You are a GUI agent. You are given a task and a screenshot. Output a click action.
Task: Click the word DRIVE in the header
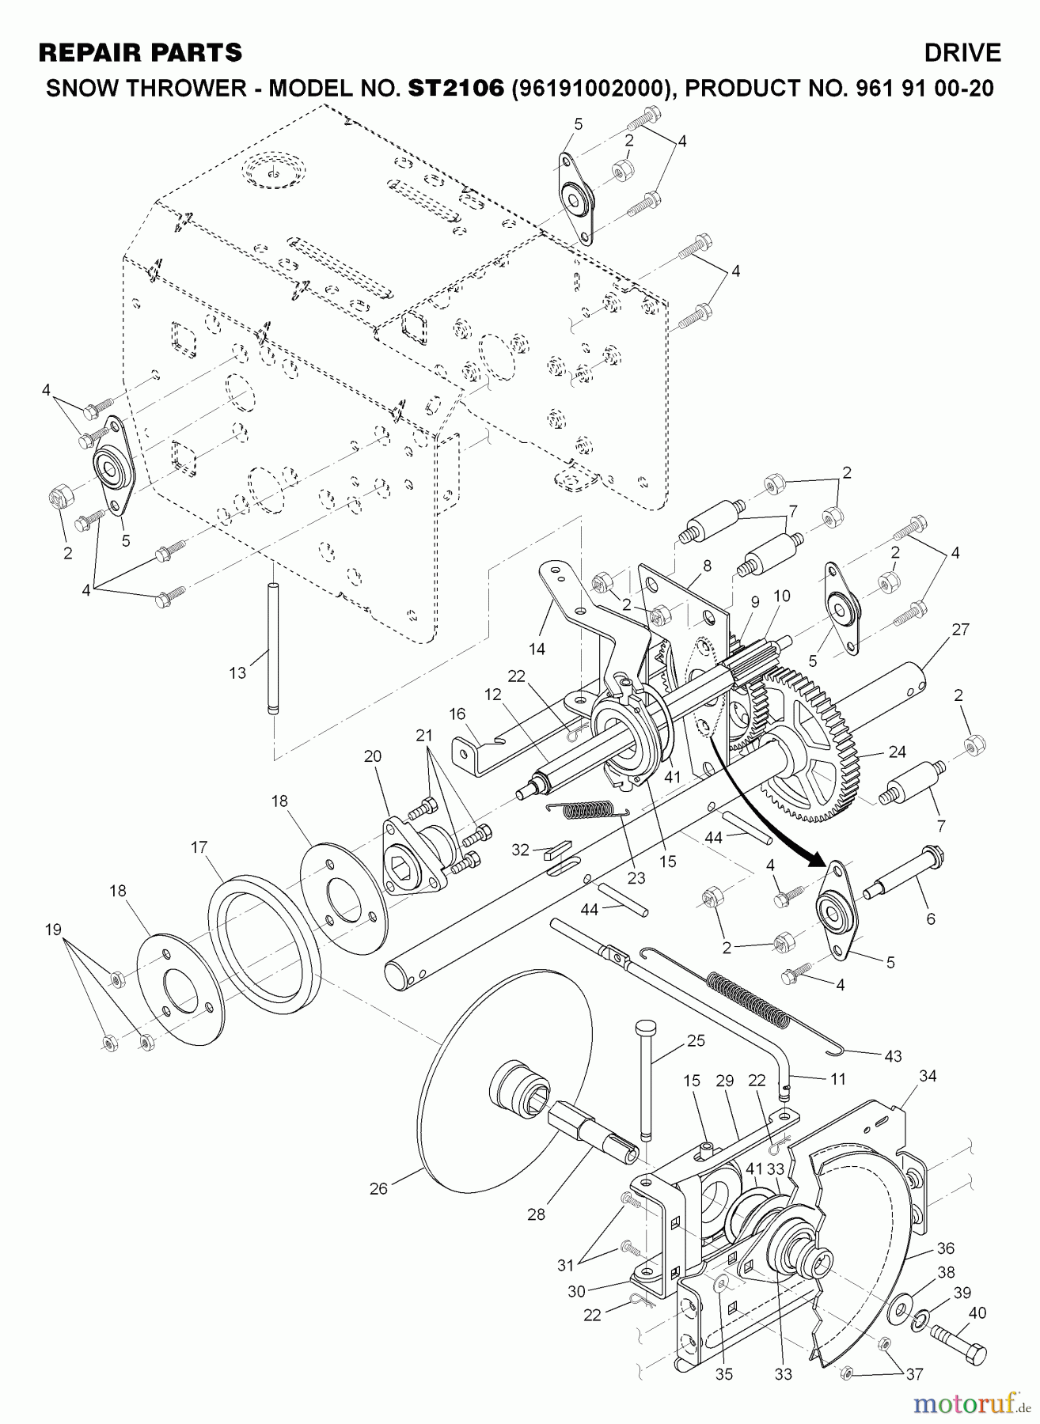click(962, 53)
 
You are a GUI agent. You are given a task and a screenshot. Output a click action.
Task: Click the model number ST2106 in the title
click(455, 88)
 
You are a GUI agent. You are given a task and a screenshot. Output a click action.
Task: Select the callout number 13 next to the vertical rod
click(237, 673)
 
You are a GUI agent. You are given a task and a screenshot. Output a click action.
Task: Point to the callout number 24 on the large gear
click(897, 751)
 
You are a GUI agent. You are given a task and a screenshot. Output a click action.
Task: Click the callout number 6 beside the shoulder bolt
click(931, 918)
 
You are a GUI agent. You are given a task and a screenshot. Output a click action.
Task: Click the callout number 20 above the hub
click(373, 756)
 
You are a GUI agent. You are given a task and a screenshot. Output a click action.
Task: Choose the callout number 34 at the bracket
click(928, 1076)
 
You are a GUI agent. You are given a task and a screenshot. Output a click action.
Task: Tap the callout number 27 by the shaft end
click(961, 630)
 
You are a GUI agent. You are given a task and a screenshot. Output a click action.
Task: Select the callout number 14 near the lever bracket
click(537, 650)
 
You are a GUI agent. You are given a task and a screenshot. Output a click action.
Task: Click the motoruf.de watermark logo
click(970, 1404)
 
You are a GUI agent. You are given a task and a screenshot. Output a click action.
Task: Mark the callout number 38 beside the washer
click(946, 1273)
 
